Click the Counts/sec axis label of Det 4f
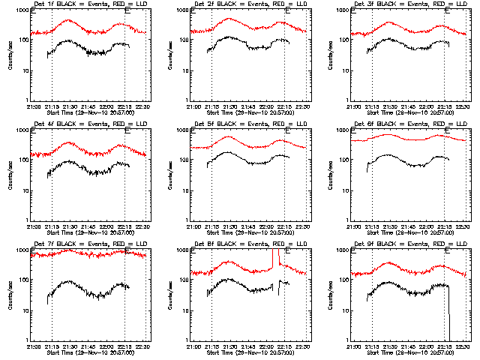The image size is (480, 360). click(x=10, y=175)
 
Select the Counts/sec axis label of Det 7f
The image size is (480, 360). click(x=10, y=295)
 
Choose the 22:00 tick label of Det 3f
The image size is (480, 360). click(x=427, y=106)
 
